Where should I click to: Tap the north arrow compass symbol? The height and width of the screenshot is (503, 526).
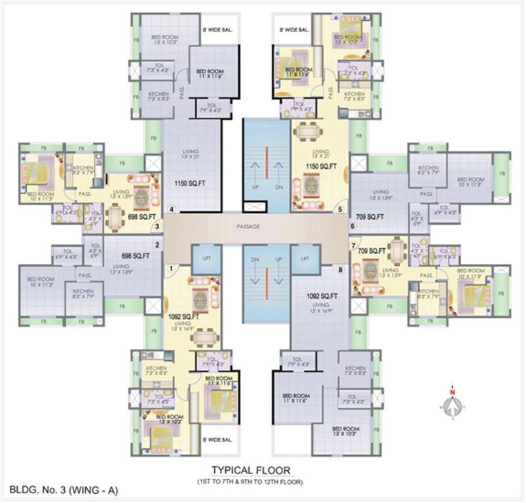(x=451, y=405)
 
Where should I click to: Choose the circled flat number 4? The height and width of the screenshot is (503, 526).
(x=172, y=210)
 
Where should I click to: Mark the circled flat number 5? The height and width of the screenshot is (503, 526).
(x=340, y=210)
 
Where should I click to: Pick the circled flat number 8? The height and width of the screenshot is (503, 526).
(x=340, y=269)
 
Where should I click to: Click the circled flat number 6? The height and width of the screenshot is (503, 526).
(x=352, y=227)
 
